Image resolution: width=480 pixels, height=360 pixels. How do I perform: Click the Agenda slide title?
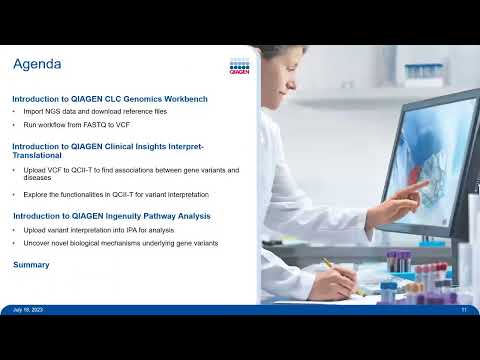(37, 65)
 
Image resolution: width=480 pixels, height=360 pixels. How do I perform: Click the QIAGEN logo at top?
(239, 67)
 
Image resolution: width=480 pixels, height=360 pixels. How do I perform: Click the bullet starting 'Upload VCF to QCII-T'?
(130, 170)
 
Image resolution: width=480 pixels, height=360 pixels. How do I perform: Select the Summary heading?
(31, 265)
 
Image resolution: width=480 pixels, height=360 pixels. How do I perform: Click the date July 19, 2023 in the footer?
(27, 310)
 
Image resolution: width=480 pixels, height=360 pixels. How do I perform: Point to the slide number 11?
(464, 310)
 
